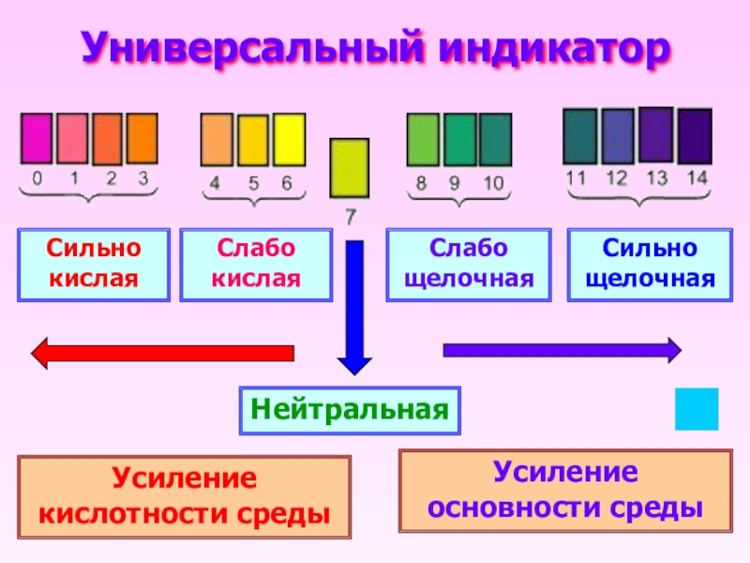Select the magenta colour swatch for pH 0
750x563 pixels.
[37, 139]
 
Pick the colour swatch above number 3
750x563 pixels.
[142, 139]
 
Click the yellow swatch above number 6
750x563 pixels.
[289, 140]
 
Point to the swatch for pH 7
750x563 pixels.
[349, 168]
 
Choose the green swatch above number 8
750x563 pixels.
[422, 140]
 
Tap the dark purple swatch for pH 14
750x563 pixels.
[695, 136]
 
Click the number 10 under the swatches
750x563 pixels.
[493, 183]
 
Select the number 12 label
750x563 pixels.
[617, 177]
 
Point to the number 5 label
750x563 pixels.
[253, 183]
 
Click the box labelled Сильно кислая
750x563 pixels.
[94, 265]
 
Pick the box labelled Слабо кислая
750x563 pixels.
[256, 265]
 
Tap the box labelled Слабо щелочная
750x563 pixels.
[468, 265]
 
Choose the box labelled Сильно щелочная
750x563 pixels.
[650, 265]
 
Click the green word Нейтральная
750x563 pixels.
[350, 410]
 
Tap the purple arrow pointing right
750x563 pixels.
[561, 350]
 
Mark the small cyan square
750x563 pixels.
[697, 409]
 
